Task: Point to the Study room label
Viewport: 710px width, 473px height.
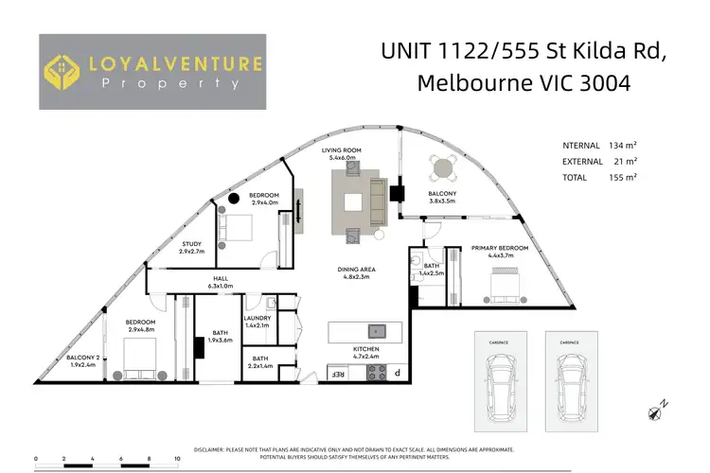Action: point(192,248)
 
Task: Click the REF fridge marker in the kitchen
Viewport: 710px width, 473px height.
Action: point(336,374)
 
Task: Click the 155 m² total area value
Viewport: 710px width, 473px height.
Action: point(623,177)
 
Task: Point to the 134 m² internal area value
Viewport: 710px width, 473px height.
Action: point(623,145)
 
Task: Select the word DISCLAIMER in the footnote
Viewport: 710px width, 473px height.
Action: point(211,448)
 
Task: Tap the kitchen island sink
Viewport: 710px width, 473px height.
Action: point(376,331)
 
